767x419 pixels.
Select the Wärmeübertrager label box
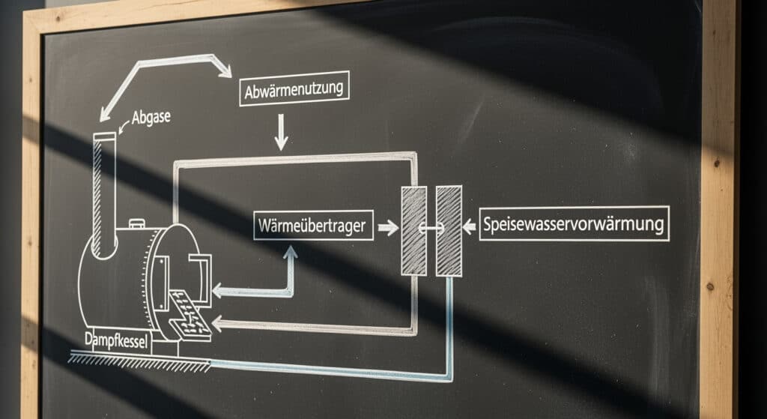click(x=313, y=226)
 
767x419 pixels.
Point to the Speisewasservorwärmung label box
click(x=575, y=224)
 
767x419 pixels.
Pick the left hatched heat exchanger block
click(x=413, y=230)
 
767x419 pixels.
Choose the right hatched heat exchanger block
click(x=449, y=231)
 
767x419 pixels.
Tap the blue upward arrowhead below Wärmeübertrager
click(x=290, y=253)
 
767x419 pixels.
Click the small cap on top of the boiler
click(x=137, y=222)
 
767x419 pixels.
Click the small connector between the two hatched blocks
click(x=431, y=229)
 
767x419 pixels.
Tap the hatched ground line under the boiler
click(x=139, y=362)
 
